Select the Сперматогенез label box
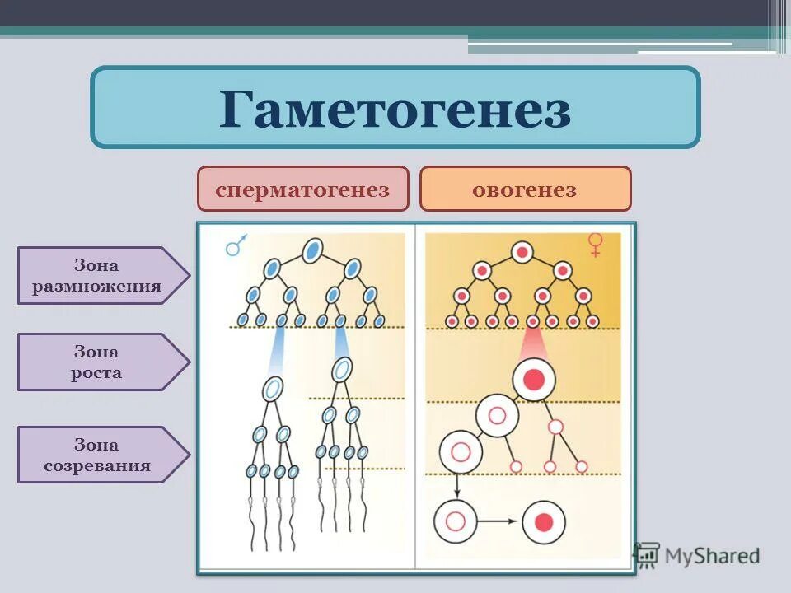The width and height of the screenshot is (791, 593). point(302,189)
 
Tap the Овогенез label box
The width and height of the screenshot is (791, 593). point(525,189)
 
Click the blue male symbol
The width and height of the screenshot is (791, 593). point(236,245)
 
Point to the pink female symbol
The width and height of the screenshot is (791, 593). point(595,245)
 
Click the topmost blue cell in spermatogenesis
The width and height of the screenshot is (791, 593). point(312,251)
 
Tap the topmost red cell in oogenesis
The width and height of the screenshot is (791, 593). point(522,252)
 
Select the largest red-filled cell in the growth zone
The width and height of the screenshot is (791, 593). point(534,380)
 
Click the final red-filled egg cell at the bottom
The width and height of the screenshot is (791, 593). point(543,522)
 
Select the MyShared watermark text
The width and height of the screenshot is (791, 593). point(714,556)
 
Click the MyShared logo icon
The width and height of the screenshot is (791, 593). point(647,555)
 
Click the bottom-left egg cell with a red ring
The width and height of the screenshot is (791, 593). point(456,522)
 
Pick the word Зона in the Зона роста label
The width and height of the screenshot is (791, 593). point(96,353)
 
